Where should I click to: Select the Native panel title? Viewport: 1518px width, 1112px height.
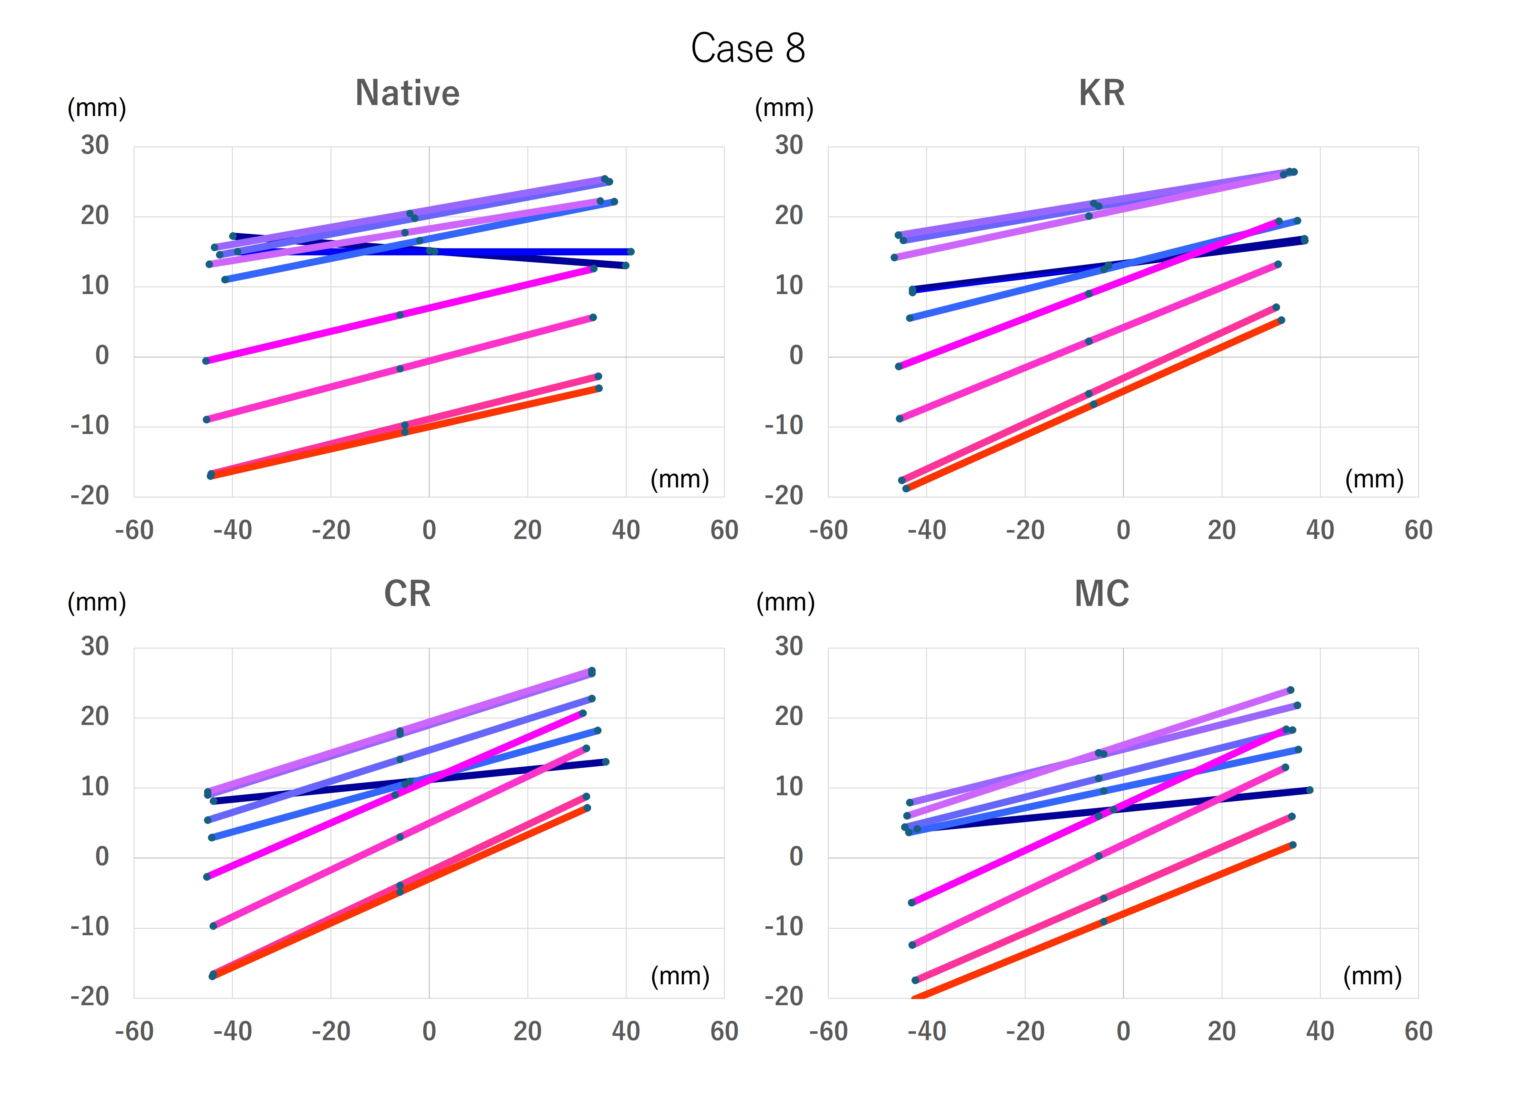tap(407, 93)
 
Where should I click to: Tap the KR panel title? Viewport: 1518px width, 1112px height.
tap(1102, 93)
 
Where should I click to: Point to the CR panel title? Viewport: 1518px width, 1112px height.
tap(407, 594)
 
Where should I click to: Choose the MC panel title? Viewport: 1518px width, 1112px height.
tap(1102, 594)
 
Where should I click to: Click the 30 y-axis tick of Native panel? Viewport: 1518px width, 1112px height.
tap(95, 145)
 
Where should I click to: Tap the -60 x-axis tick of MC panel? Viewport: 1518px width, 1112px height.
tap(828, 1031)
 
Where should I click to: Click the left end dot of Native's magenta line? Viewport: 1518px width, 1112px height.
tap(206, 361)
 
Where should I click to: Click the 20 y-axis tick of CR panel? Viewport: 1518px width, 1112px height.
tap(95, 716)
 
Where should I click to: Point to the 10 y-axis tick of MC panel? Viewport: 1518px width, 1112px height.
tap(789, 786)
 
